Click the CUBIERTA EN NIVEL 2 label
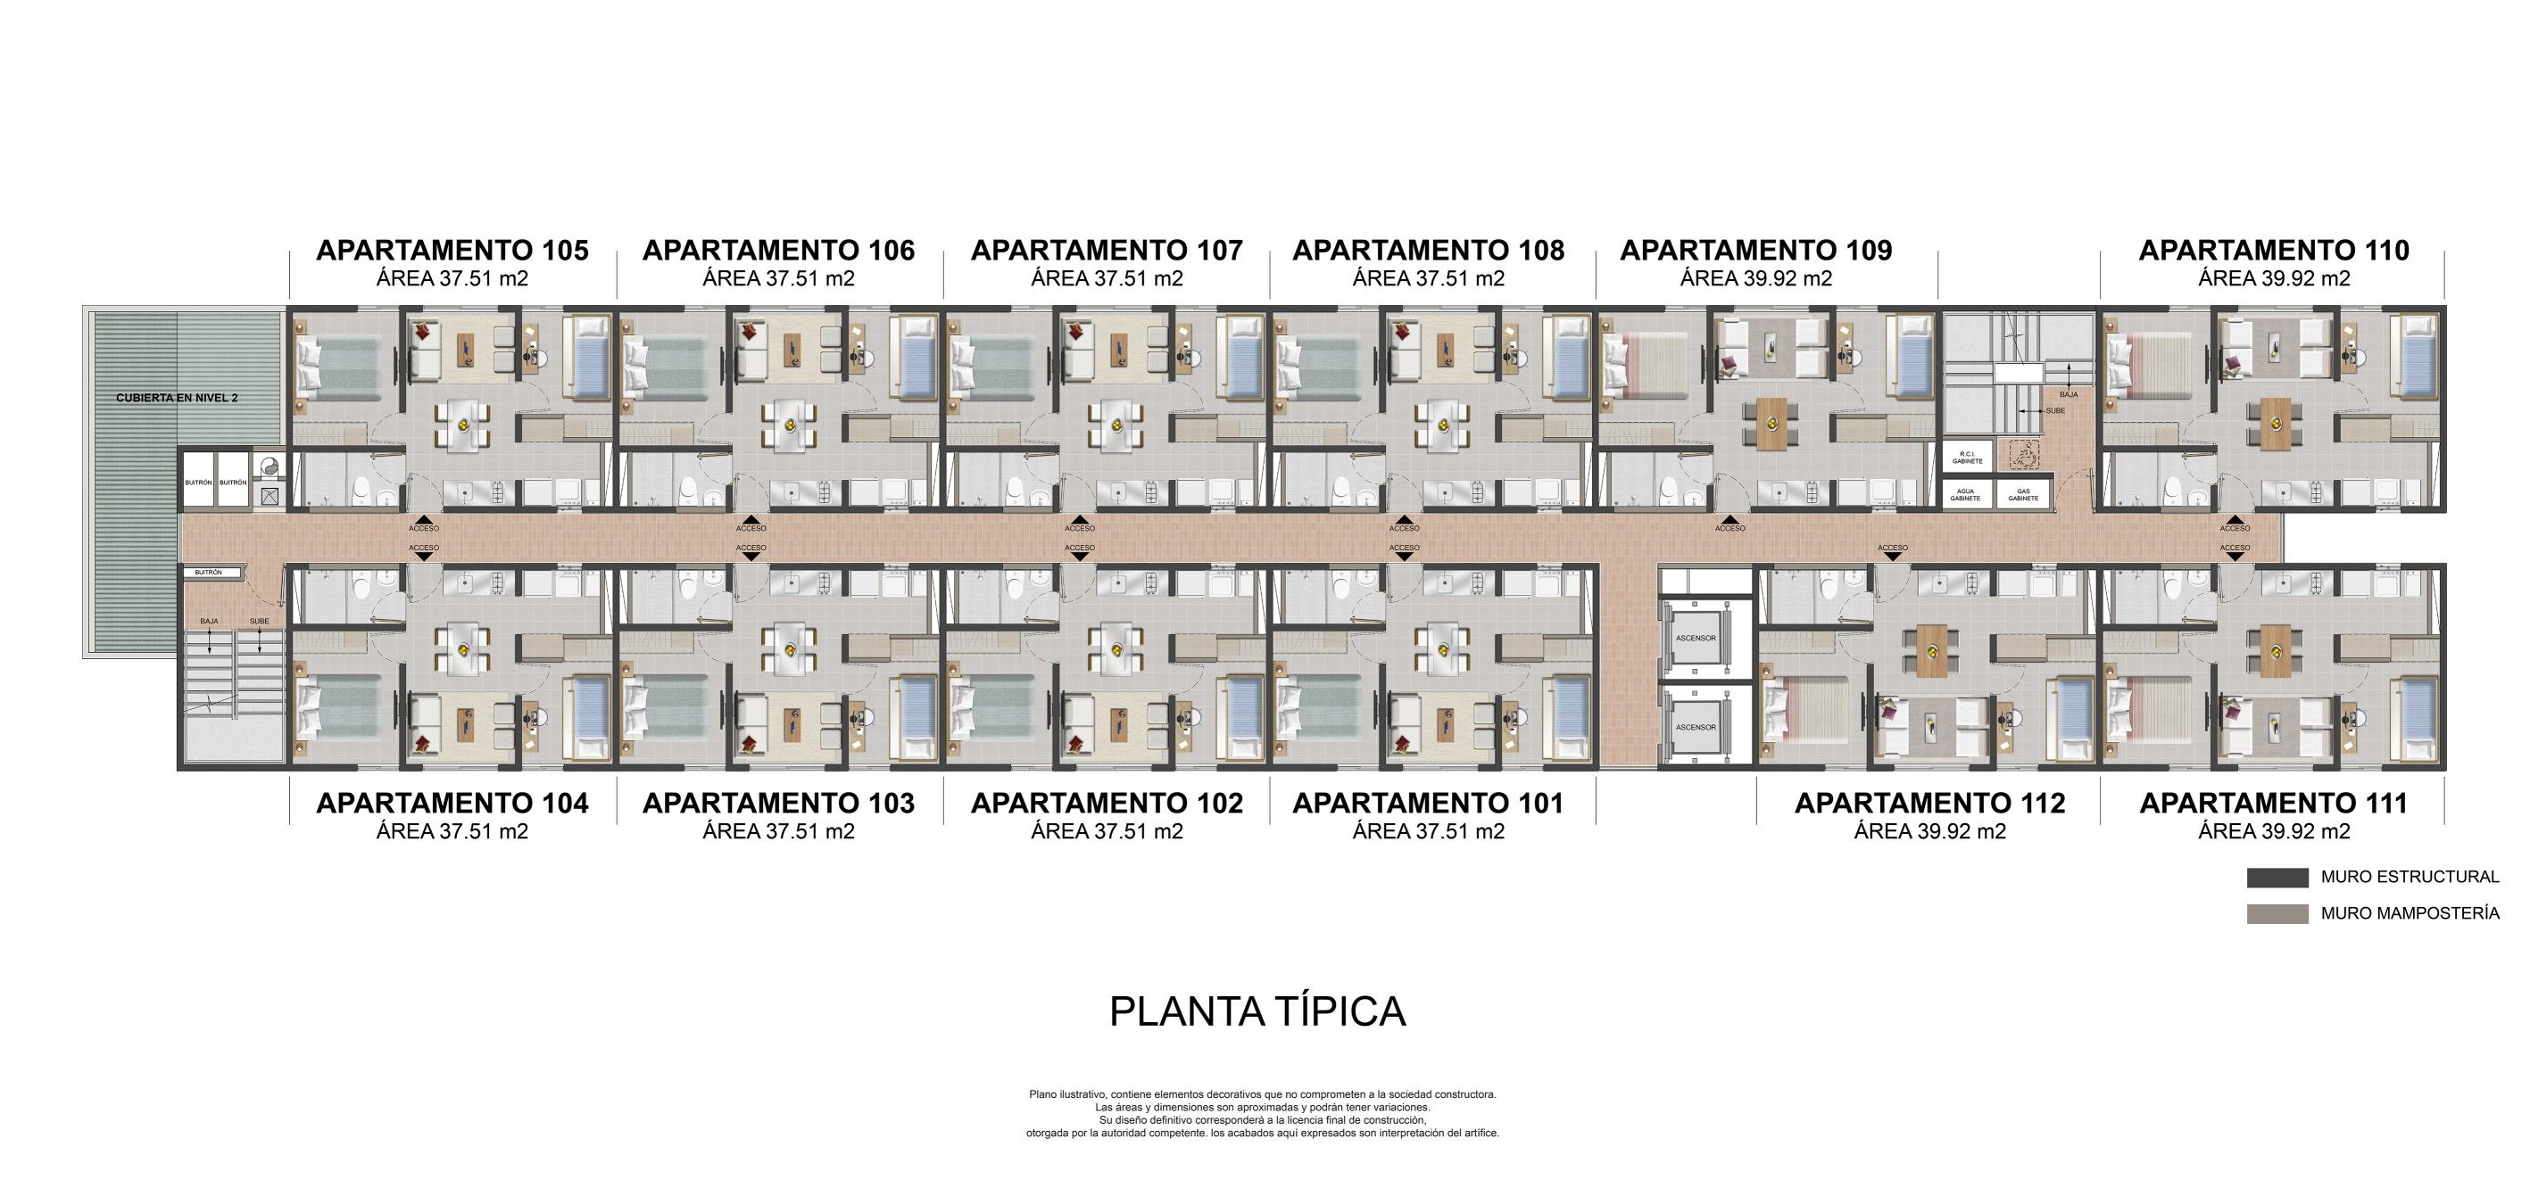[x=177, y=398]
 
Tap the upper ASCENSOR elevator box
[x=1696, y=638]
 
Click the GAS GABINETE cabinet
[x=2023, y=495]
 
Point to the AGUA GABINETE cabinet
[x=1965, y=495]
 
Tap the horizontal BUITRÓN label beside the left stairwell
[x=208, y=573]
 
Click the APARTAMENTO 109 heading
[x=1755, y=251]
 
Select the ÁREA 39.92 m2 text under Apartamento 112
[x=1929, y=831]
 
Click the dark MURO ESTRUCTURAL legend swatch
[x=2277, y=878]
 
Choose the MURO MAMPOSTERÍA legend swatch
[x=2277, y=914]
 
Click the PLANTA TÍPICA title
[x=1257, y=1011]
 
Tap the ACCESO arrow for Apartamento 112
[x=1892, y=555]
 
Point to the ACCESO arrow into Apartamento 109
[x=1730, y=521]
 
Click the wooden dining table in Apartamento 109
[x=1771, y=423]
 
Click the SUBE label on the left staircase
[x=260, y=622]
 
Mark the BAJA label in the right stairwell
[x=2069, y=393]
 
